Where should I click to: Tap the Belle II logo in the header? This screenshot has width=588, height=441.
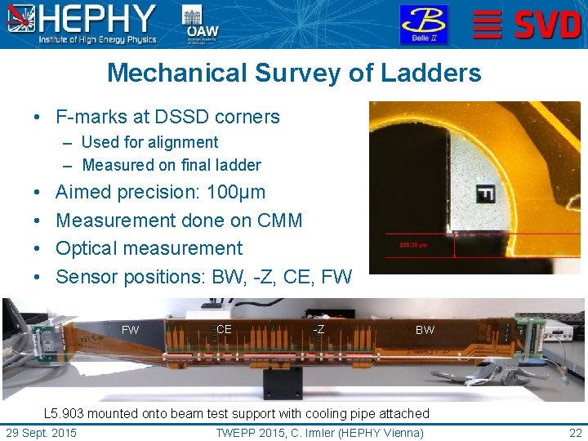click(x=423, y=24)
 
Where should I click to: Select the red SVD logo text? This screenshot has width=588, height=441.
click(x=546, y=24)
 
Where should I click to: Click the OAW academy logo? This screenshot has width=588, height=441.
click(x=201, y=24)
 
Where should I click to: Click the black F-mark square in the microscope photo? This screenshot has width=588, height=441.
click(x=485, y=193)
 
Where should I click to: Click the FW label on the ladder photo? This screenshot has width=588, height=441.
click(x=130, y=331)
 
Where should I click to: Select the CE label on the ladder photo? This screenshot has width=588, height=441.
click(x=224, y=330)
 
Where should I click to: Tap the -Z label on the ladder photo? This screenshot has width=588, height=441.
click(x=318, y=330)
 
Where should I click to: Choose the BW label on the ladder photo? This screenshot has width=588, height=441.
click(x=425, y=331)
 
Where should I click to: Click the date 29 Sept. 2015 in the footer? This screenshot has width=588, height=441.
click(x=41, y=433)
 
